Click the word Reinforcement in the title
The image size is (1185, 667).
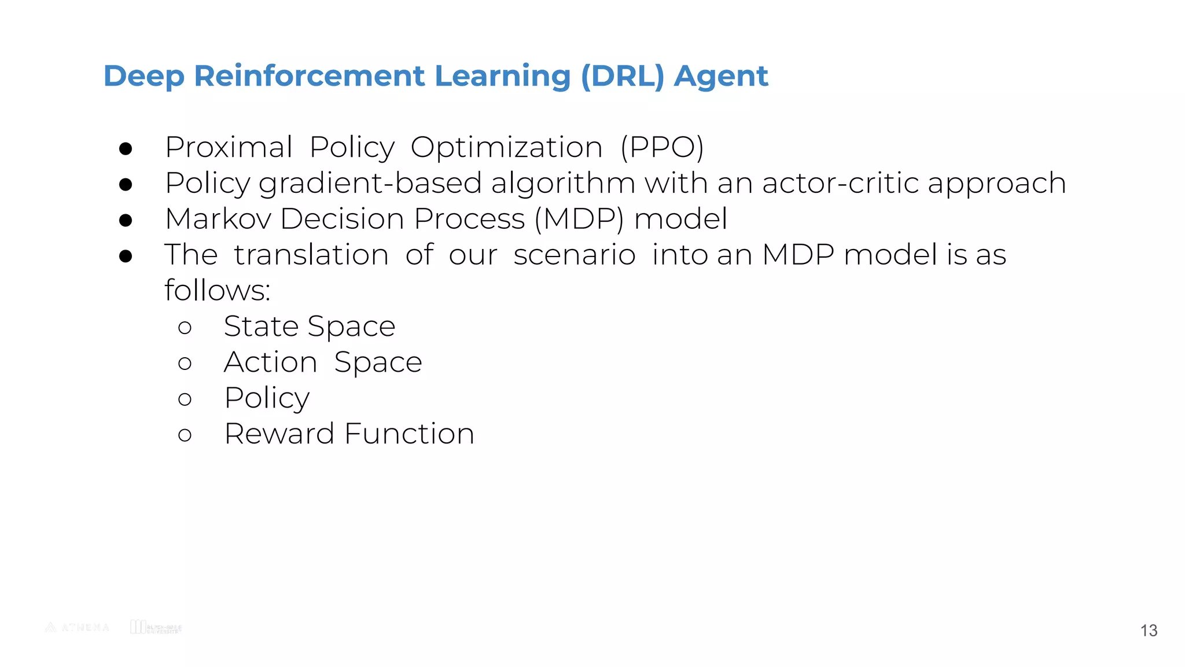point(309,76)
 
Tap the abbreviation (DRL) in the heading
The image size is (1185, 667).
point(622,76)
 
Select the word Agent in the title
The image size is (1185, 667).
point(721,76)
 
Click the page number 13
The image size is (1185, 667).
point(1149,631)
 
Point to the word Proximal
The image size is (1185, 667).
point(229,147)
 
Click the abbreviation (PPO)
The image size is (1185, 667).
point(662,147)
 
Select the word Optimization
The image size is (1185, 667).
point(506,147)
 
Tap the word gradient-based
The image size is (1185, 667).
point(370,184)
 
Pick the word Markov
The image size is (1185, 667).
point(218,219)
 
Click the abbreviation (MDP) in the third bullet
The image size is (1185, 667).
point(579,219)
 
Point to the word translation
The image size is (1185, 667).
point(311,255)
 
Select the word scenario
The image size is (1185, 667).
point(575,255)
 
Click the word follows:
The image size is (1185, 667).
point(217,290)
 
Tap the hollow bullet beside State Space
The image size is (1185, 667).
point(185,328)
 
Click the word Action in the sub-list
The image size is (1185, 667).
point(270,362)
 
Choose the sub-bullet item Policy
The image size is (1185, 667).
point(267,398)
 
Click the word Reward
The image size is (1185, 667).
point(279,434)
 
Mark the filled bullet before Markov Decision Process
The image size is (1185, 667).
point(126,221)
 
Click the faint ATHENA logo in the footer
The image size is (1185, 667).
point(77,627)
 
